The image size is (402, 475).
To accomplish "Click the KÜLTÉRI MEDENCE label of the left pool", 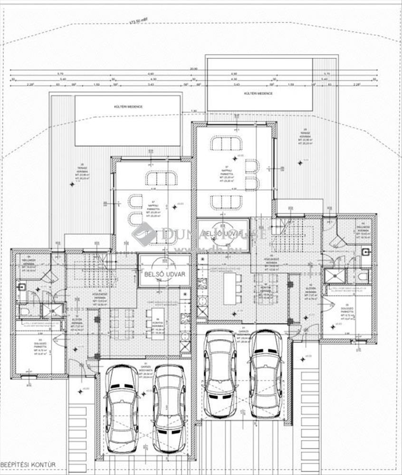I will point(128,107).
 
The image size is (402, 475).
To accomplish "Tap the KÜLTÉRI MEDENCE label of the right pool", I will point(258,94).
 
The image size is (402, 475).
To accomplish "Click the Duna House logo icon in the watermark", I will point(144,234).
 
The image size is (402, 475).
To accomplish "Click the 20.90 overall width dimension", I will point(193,69).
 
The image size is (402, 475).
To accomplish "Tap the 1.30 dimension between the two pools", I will point(194,111).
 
